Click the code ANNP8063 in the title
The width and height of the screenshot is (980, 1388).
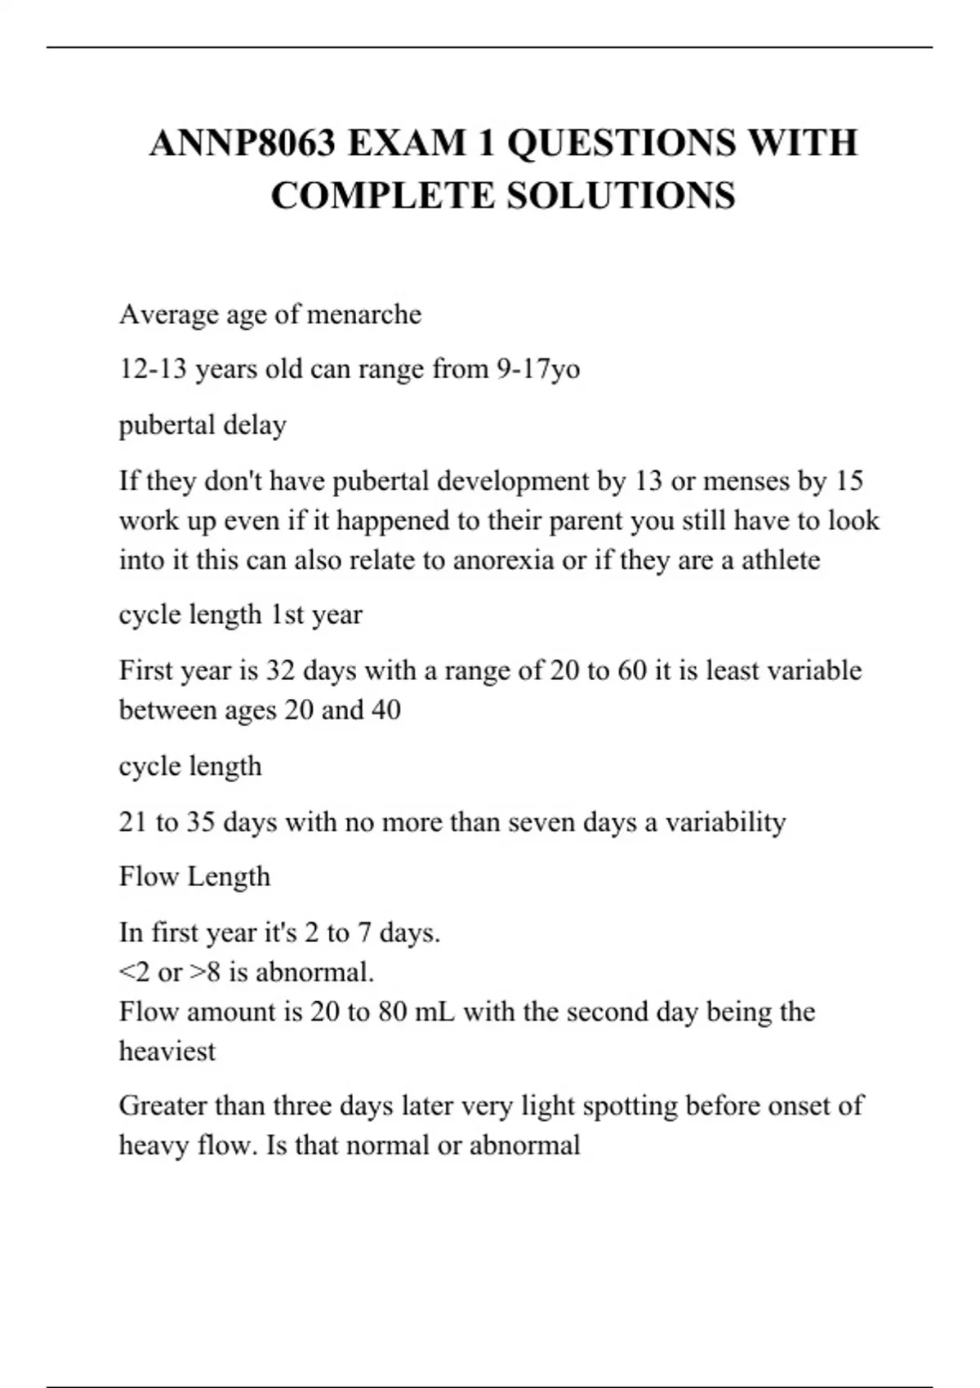243,144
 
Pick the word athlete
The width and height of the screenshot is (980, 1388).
780,560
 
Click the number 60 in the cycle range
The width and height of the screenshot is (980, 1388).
632,670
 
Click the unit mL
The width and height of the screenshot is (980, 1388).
435,1012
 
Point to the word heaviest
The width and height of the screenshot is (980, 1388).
167,1052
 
